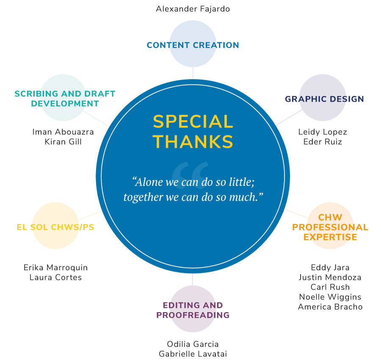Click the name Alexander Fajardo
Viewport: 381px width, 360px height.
pyautogui.click(x=193, y=9)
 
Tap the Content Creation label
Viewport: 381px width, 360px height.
pyautogui.click(x=193, y=45)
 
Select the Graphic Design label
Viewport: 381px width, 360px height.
pyautogui.click(x=324, y=99)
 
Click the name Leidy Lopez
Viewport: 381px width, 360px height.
pyautogui.click(x=323, y=132)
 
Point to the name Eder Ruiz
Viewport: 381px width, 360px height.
pyautogui.click(x=323, y=142)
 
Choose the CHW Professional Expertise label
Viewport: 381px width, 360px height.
pyautogui.click(x=330, y=227)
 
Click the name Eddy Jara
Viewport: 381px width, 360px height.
pyautogui.click(x=330, y=268)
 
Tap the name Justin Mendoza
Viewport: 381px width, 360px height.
pyautogui.click(x=330, y=277)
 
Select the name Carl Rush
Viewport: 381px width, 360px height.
pyautogui.click(x=330, y=287)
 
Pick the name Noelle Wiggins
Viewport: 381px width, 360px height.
pyautogui.click(x=330, y=297)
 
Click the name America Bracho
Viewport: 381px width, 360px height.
pyautogui.click(x=330, y=307)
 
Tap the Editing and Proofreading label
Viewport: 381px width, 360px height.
pyautogui.click(x=193, y=310)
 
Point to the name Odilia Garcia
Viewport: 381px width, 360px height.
pyautogui.click(x=193, y=344)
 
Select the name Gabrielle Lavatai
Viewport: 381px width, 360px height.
pyautogui.click(x=193, y=354)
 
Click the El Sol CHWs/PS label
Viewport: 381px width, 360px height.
pyautogui.click(x=55, y=227)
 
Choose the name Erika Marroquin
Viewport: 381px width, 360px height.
pyautogui.click(x=55, y=268)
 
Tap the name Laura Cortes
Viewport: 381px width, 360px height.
pyautogui.click(x=55, y=277)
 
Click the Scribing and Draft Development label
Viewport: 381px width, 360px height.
pyautogui.click(x=65, y=99)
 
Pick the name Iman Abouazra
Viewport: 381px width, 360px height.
pyautogui.click(x=63, y=132)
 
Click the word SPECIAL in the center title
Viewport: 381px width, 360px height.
pyautogui.click(x=193, y=122)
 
